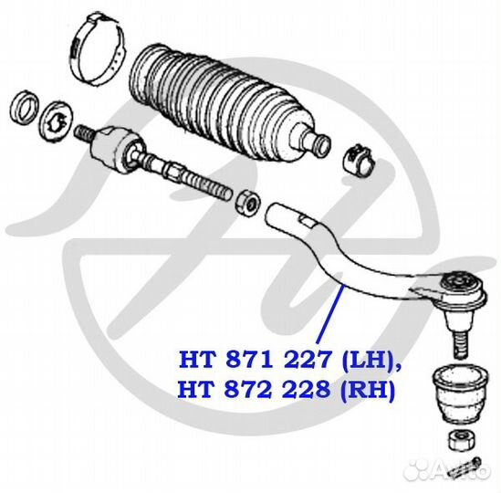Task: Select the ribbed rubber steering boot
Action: [224, 102]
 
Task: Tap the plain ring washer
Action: [25, 108]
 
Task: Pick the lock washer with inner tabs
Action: [57, 120]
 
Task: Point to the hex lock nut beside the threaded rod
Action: [247, 203]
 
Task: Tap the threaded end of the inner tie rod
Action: [208, 187]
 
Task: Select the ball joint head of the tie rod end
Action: [463, 288]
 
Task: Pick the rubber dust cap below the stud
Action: [460, 393]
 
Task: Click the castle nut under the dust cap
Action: [462, 440]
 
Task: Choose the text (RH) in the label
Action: [368, 390]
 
